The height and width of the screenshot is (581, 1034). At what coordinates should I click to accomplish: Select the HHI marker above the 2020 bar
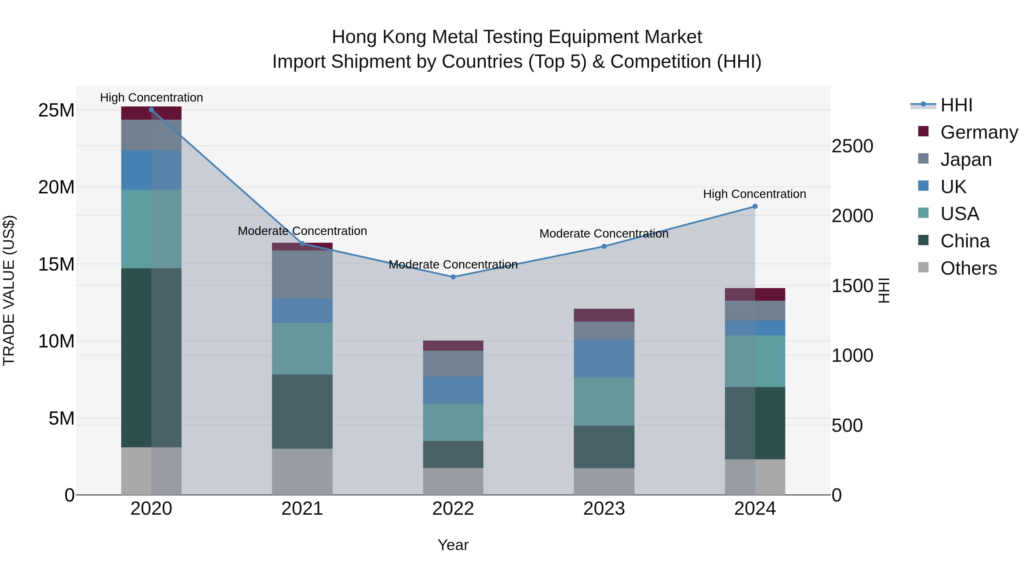point(151,110)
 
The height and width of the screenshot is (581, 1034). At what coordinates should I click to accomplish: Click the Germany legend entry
point(979,132)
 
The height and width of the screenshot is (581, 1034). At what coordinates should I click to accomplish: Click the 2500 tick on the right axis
point(852,146)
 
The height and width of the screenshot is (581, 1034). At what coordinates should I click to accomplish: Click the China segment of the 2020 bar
point(151,358)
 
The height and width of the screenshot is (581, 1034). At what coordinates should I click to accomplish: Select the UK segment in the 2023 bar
point(604,358)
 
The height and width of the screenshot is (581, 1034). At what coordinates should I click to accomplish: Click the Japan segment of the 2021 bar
point(302,275)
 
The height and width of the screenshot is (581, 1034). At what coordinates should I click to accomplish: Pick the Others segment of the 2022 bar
point(453,481)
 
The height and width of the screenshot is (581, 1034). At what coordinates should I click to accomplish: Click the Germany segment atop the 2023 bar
point(604,315)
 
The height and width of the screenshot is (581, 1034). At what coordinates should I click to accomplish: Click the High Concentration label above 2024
point(755,194)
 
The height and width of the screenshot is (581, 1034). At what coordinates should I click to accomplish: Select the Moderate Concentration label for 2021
point(302,231)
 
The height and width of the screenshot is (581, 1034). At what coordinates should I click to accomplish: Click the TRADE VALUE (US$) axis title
point(9,290)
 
